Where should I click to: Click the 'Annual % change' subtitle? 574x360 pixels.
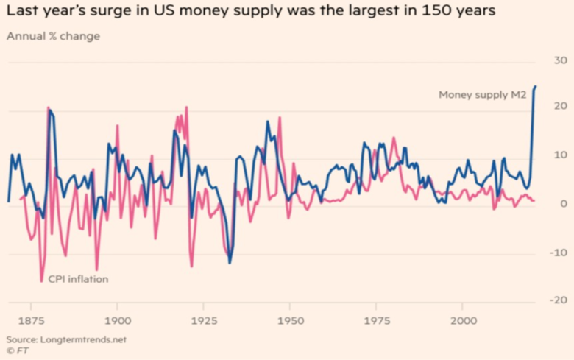click(53, 35)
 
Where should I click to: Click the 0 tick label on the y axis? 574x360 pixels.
click(561, 204)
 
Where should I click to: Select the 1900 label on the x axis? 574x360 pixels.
click(117, 321)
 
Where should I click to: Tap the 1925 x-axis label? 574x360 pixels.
click(203, 321)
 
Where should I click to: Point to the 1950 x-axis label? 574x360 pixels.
click(289, 321)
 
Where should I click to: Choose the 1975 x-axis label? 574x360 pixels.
click(375, 321)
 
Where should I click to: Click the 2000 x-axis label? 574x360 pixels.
click(461, 321)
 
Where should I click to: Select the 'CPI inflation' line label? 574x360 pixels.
click(78, 279)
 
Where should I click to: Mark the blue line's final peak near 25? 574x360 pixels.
click(536, 87)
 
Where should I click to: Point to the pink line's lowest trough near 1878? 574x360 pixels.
click(41, 280)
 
